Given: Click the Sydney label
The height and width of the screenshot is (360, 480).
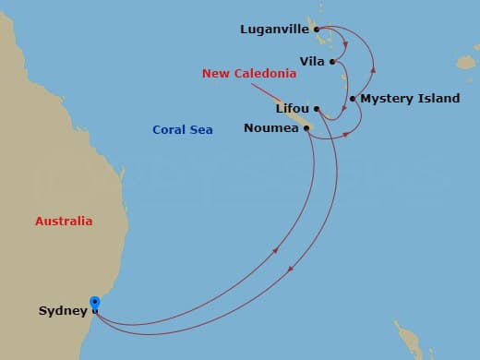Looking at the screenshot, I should pos(62,310).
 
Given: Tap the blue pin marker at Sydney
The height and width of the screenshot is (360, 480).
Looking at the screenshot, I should pos(94,302).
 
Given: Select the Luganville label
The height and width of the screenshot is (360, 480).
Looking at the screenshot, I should pos(275,29).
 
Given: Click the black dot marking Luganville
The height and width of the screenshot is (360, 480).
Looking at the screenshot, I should pos(317,30).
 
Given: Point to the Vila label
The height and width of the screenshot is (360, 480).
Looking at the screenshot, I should pos(312,62).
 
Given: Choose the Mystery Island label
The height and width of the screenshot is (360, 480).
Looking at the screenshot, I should pos(410,99).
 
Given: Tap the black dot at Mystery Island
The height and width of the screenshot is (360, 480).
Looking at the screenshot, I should pos(353,99).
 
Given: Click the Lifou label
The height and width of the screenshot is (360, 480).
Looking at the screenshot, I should pos(292,108).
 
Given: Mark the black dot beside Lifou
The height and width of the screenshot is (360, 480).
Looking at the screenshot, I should pos(316,108).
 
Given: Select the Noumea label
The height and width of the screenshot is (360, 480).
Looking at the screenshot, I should pos(271,128).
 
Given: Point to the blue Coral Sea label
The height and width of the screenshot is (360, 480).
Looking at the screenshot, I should pos(183,130).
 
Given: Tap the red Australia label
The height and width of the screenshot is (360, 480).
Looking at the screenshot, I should pos(64,222).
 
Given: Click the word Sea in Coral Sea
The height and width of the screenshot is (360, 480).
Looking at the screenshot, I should pos(201,130).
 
